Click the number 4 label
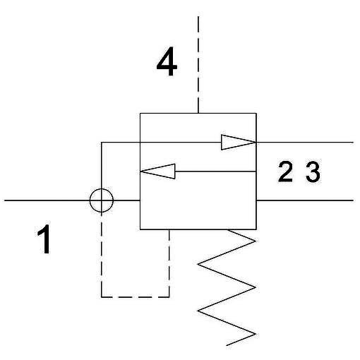click(x=167, y=61)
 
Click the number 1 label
click(x=44, y=239)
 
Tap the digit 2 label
click(x=285, y=172)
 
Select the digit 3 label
click(x=313, y=172)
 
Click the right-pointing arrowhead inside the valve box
click(x=239, y=142)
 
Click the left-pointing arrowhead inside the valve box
click(x=157, y=172)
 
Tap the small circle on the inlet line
click(x=102, y=200)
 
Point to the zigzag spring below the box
click(x=227, y=287)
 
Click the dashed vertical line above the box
click(x=198, y=65)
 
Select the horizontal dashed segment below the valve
click(x=136, y=297)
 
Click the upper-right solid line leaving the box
click(x=305, y=142)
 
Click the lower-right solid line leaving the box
click(x=305, y=200)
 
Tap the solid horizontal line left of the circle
click(x=47, y=200)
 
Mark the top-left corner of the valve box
click(x=140, y=114)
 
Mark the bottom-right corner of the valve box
click(x=256, y=229)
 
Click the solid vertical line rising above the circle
click(x=102, y=165)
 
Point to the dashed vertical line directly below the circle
click(x=102, y=255)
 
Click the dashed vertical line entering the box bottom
click(x=169, y=263)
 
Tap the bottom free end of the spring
click(x=227, y=345)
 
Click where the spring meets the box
click(x=227, y=229)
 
